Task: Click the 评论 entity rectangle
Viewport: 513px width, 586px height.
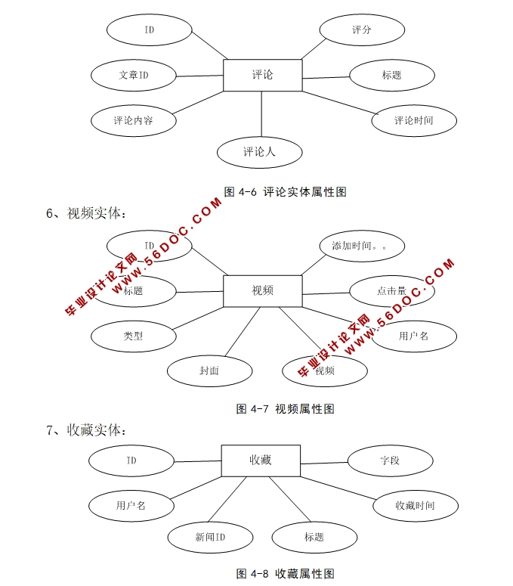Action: (x=262, y=75)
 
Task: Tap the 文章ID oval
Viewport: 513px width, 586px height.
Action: (x=133, y=76)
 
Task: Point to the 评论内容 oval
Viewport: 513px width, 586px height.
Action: (x=133, y=120)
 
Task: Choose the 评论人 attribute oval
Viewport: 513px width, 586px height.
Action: (x=259, y=152)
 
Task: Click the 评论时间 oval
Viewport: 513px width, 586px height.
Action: (x=414, y=120)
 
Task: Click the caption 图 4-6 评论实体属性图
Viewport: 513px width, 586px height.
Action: (x=286, y=192)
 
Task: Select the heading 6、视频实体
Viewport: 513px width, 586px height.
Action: (x=86, y=213)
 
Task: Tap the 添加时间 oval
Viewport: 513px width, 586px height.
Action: (x=363, y=246)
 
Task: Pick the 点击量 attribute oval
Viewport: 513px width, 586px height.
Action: (x=391, y=291)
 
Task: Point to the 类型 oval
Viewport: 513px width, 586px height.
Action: (x=133, y=336)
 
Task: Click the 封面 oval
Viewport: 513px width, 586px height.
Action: (x=209, y=371)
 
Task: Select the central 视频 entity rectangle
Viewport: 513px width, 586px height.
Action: (x=262, y=290)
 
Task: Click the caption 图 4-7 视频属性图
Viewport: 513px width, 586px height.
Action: (x=286, y=409)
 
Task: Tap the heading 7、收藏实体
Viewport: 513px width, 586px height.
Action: (x=86, y=430)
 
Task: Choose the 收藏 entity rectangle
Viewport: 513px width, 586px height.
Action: (x=261, y=460)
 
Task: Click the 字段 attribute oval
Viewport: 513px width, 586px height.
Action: (x=390, y=460)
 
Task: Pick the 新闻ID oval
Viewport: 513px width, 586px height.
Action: (x=210, y=538)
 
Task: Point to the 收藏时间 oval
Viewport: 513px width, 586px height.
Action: (x=415, y=505)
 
